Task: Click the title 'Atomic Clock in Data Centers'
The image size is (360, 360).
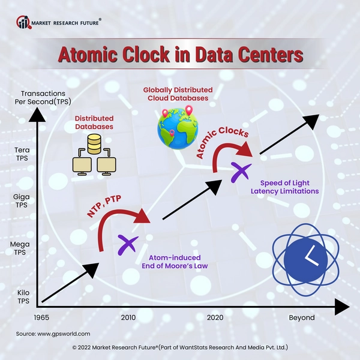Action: point(179,55)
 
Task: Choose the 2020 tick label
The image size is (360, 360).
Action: point(215,317)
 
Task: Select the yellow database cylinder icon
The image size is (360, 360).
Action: point(94,144)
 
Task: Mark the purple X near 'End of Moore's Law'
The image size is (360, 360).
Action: point(128,244)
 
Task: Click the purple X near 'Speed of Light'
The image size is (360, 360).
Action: point(241,172)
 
